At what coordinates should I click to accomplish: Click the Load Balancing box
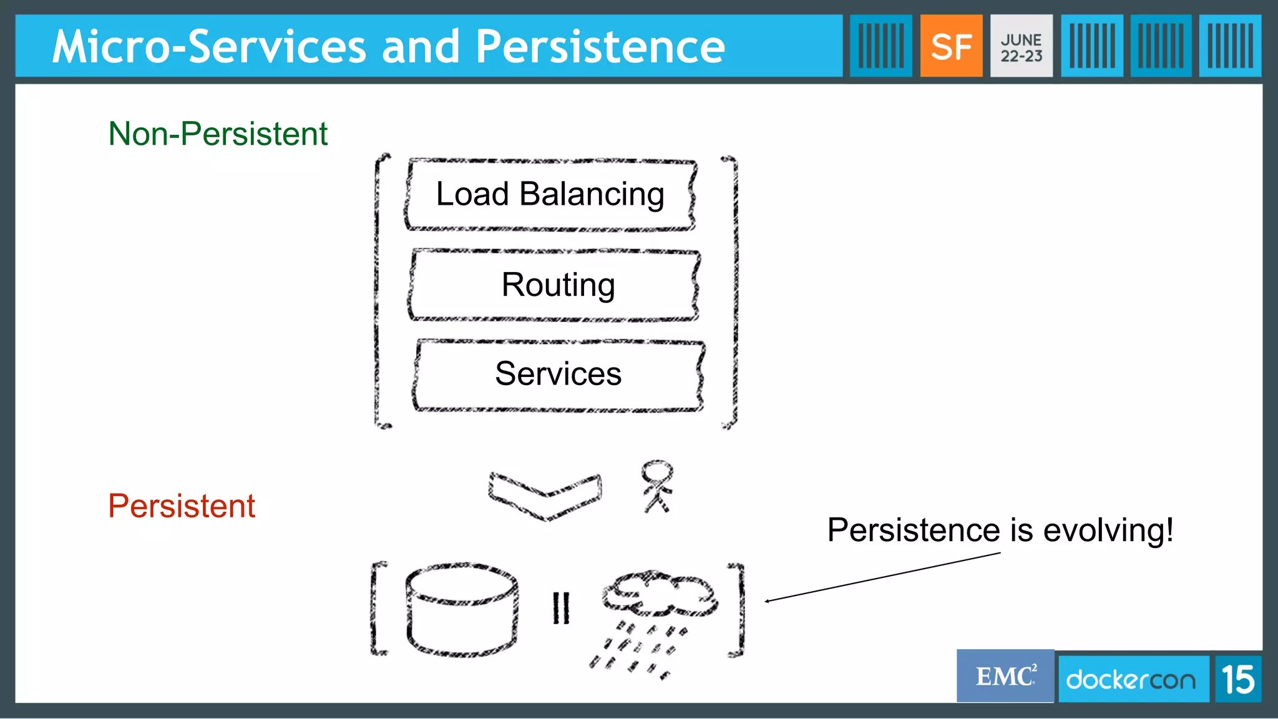pyautogui.click(x=550, y=194)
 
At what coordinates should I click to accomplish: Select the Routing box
pyautogui.click(x=555, y=285)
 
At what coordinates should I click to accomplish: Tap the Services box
pyautogui.click(x=558, y=374)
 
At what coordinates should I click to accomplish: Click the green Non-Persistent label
pyautogui.click(x=218, y=134)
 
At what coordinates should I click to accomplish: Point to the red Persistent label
pyautogui.click(x=182, y=506)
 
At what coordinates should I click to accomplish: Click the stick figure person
pyautogui.click(x=657, y=486)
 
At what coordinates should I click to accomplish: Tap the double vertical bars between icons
pyautogui.click(x=561, y=607)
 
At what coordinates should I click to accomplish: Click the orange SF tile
pyautogui.click(x=951, y=46)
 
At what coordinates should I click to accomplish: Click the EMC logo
pyautogui.click(x=1005, y=677)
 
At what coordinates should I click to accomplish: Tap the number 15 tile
pyautogui.click(x=1238, y=679)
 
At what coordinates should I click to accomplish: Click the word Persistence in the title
pyautogui.click(x=600, y=47)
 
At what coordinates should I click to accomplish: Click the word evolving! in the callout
pyautogui.click(x=1108, y=531)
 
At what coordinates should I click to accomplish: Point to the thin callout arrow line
pyautogui.click(x=883, y=577)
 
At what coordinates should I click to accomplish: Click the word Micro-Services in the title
pyautogui.click(x=209, y=47)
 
